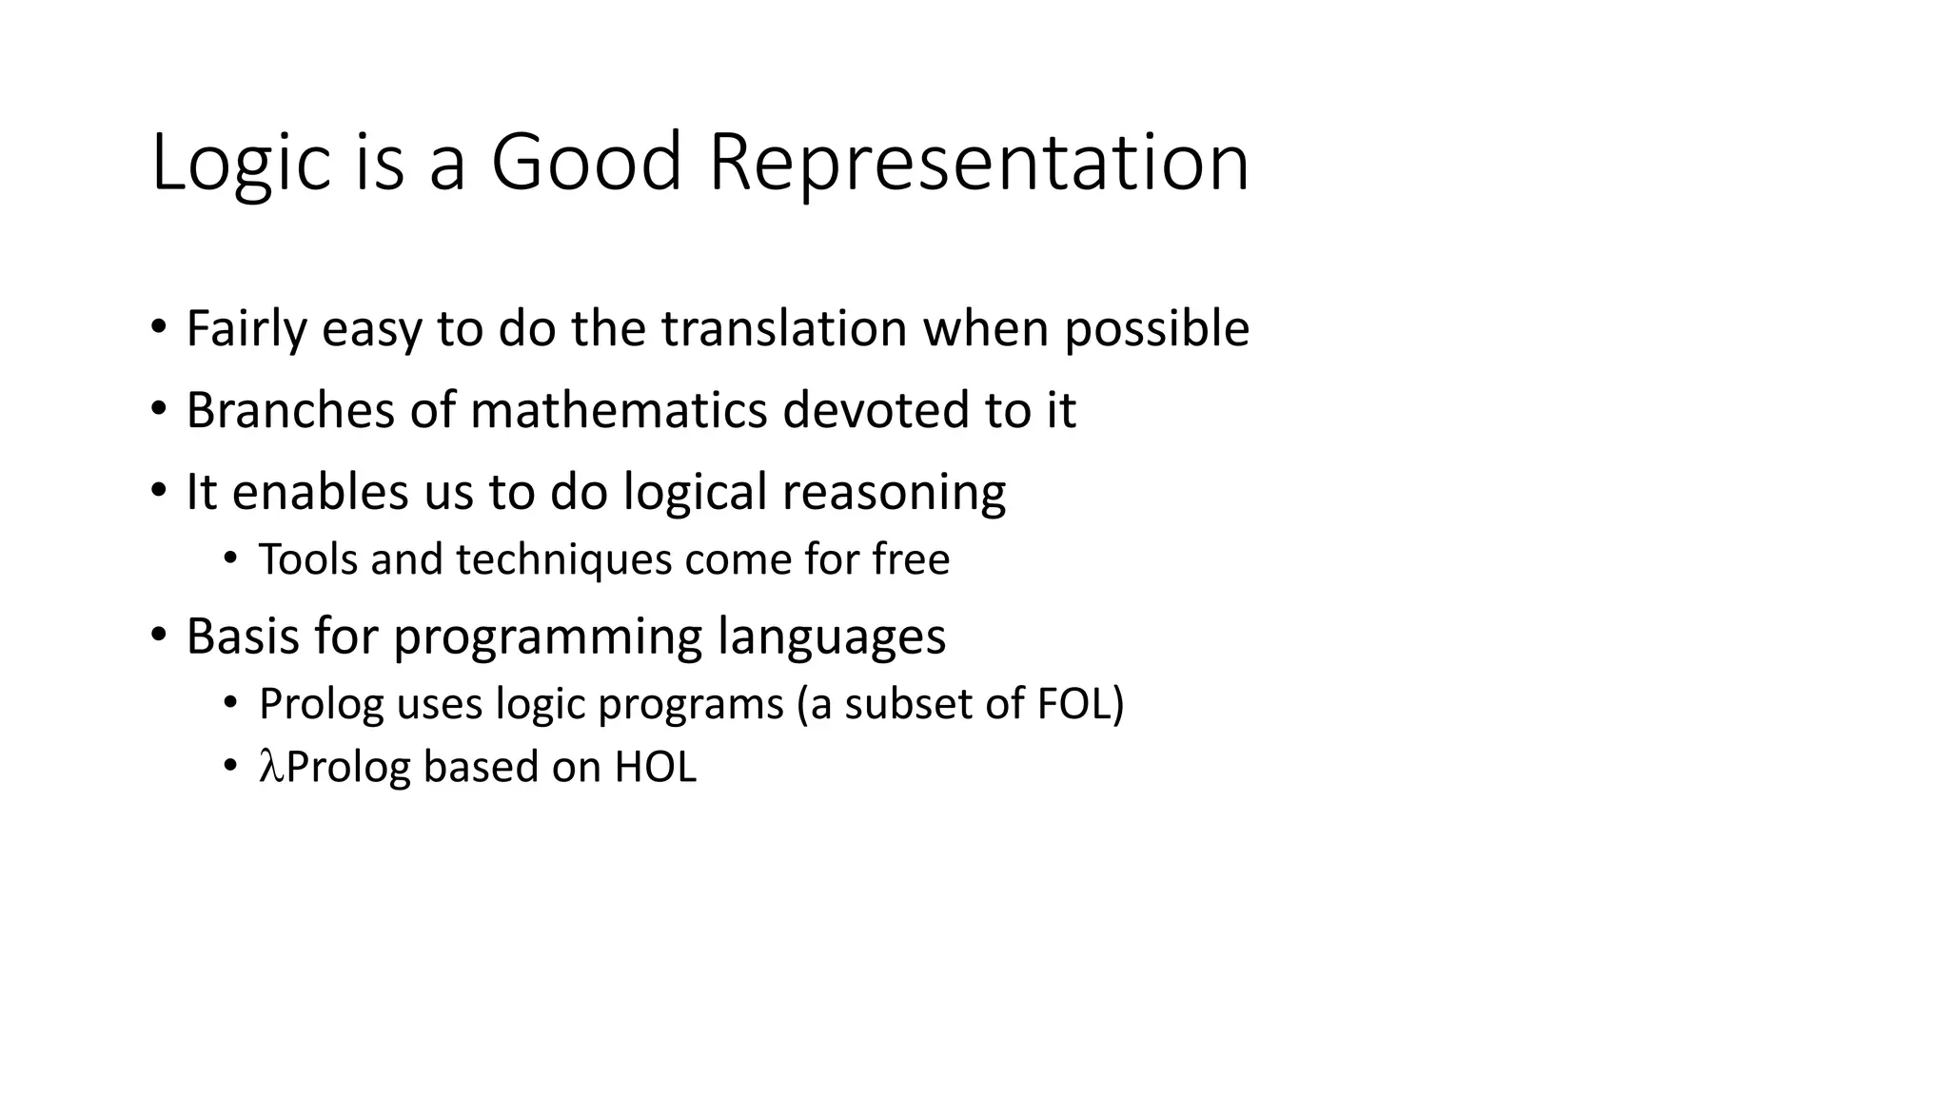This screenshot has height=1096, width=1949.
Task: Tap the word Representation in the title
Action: tap(978, 164)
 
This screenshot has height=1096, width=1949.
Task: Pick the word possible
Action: tap(1156, 329)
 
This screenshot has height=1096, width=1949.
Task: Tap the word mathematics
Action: tap(619, 410)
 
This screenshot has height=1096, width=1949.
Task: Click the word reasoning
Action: tap(894, 493)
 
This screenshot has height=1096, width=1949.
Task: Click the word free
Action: tap(911, 559)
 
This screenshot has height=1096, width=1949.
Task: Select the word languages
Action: tap(832, 636)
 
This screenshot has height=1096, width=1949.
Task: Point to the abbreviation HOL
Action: tap(656, 767)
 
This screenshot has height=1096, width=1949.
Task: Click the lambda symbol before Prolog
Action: tap(271, 767)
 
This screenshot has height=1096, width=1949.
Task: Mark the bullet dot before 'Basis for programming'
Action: tap(159, 634)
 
